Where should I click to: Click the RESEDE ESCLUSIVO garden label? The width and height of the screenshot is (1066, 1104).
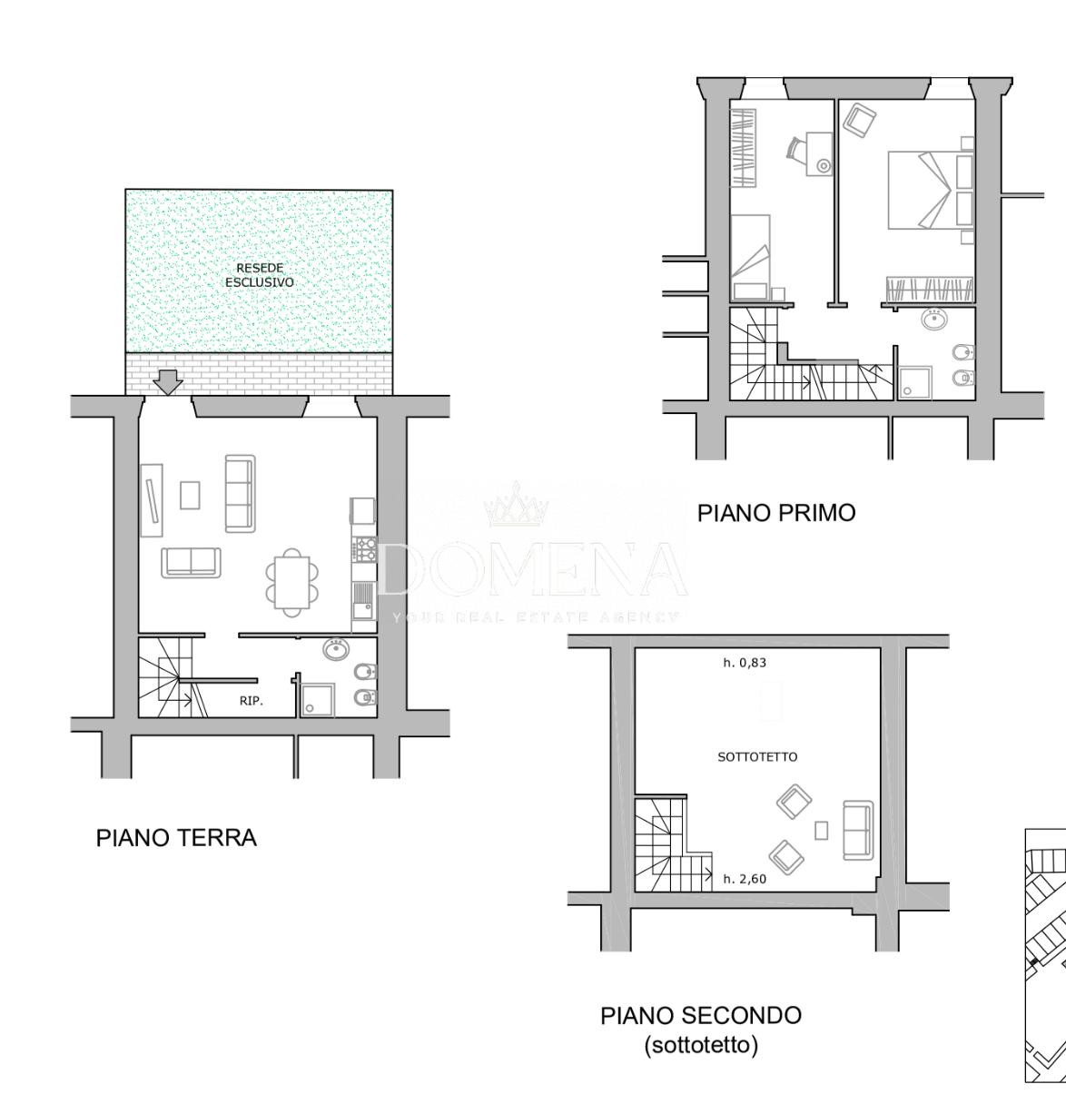tap(260, 275)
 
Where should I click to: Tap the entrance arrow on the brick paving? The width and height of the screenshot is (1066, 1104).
tap(168, 382)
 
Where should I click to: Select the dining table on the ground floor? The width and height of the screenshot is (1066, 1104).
tap(292, 583)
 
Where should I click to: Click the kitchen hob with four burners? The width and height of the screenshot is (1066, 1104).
tap(364, 548)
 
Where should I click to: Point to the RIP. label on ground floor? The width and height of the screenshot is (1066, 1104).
tap(252, 701)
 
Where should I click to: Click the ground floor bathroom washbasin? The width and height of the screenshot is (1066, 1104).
tap(337, 648)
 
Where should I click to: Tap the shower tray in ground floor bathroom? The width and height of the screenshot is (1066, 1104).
tap(318, 699)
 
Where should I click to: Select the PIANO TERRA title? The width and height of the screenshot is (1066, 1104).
tap(176, 838)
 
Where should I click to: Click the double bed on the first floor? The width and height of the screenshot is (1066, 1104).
tap(931, 190)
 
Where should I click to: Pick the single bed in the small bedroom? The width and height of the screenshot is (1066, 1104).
tap(750, 257)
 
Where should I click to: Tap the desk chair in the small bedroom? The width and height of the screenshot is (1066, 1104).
tap(795, 148)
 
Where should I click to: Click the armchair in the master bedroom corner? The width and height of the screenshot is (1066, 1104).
tap(860, 120)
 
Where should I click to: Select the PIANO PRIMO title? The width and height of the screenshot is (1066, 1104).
tap(776, 513)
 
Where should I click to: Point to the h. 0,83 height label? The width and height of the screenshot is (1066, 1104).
tap(745, 663)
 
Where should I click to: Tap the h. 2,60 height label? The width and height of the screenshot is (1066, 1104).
tap(745, 879)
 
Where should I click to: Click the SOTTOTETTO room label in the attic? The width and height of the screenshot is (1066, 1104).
tap(757, 757)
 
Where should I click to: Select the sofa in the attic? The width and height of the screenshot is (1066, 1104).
tap(858, 830)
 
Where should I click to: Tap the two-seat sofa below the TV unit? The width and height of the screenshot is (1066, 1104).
tap(192, 563)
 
